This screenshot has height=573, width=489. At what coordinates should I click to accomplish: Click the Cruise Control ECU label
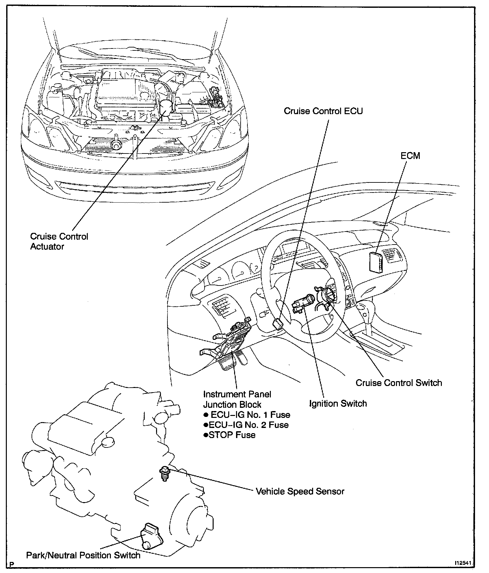point(323,111)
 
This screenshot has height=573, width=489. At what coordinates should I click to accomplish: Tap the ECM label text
point(410,156)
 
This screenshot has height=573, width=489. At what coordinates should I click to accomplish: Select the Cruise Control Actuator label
point(59,241)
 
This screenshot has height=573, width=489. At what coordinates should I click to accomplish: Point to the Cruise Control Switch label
point(399,383)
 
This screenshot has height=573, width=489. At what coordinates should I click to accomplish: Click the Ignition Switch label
point(338,404)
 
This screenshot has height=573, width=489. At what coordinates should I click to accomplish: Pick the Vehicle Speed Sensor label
point(300,491)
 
